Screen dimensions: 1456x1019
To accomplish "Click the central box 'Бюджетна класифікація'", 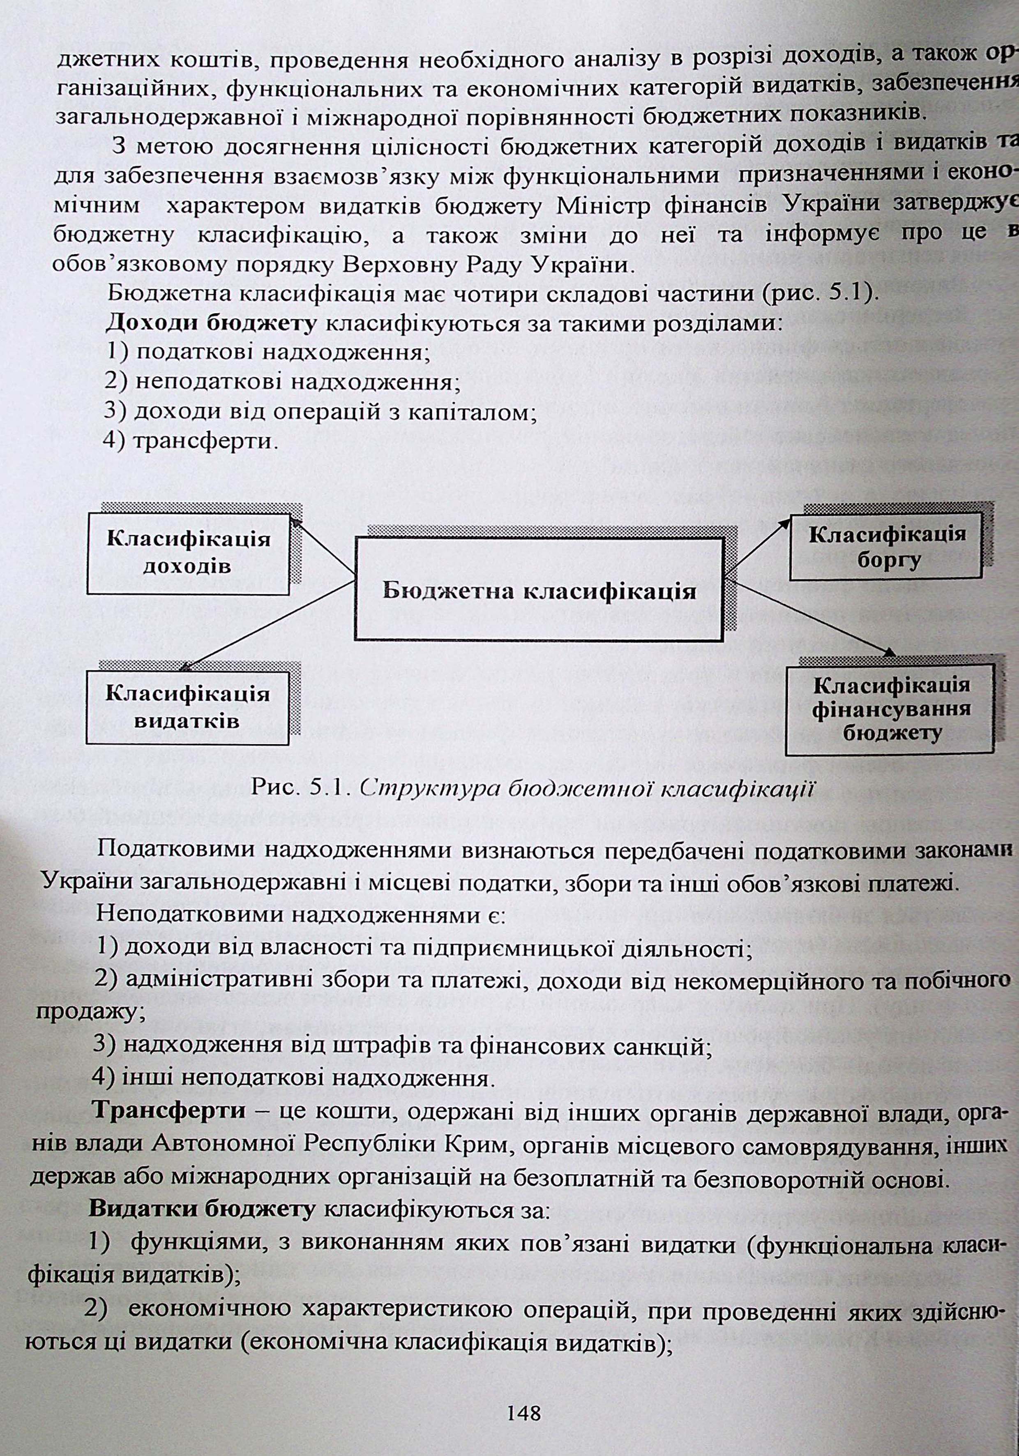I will (x=539, y=590).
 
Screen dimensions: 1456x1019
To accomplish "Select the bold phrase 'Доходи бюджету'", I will (x=211, y=323).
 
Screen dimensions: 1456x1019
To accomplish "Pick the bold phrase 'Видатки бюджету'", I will (x=202, y=1209).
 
